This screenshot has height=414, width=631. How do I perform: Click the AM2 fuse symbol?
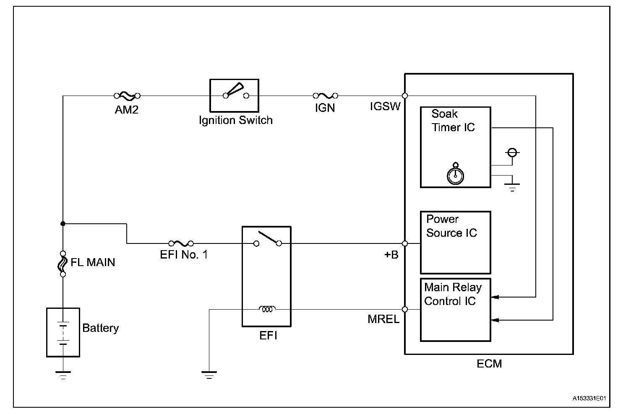click(127, 96)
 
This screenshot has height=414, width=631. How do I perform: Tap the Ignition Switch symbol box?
click(234, 95)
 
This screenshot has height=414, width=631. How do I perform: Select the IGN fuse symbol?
click(325, 96)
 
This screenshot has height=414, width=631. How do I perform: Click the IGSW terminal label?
click(385, 106)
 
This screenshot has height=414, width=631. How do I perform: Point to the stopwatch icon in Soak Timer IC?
click(455, 174)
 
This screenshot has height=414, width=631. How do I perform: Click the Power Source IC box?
click(455, 243)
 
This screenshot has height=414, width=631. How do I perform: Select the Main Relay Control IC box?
click(455, 310)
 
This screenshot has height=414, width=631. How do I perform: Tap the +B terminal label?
click(391, 254)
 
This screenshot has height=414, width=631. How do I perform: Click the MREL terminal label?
click(383, 319)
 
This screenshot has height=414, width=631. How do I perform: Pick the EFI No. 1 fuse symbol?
click(181, 243)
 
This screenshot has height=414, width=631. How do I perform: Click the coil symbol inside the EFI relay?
click(267, 309)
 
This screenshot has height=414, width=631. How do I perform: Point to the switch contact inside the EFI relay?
click(268, 239)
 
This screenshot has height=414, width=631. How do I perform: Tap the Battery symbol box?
click(63, 332)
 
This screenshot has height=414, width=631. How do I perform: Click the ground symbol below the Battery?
click(63, 374)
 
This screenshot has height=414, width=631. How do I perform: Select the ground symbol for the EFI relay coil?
click(209, 374)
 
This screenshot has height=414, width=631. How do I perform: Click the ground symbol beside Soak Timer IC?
click(512, 186)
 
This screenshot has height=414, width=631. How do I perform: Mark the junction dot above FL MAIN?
click(63, 223)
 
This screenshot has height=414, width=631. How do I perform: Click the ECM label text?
click(489, 364)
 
